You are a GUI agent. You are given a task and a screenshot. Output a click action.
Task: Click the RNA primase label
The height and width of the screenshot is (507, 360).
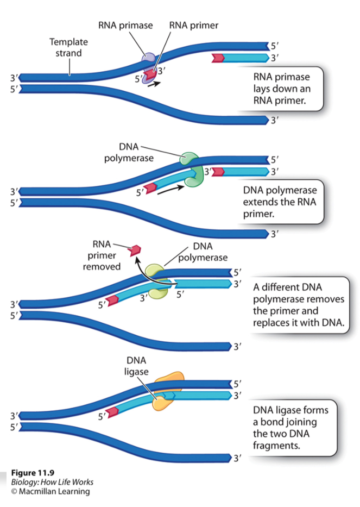tap(125, 25)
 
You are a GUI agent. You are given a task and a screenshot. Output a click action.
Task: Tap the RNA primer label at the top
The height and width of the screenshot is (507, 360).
tap(194, 25)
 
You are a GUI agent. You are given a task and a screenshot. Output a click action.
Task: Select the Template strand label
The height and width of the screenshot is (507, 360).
tap(68, 47)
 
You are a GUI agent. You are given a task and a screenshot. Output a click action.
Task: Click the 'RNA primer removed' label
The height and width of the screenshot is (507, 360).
tap(102, 255)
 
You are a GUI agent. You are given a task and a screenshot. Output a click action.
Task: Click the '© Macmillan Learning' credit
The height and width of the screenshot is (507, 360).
tap(50, 492)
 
